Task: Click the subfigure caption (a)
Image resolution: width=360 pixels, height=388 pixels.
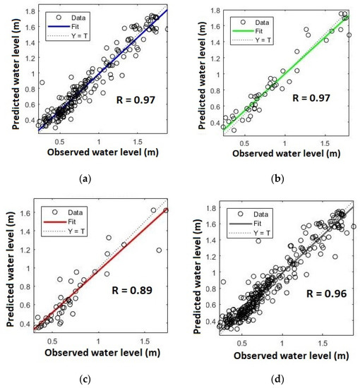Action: (85, 179)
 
